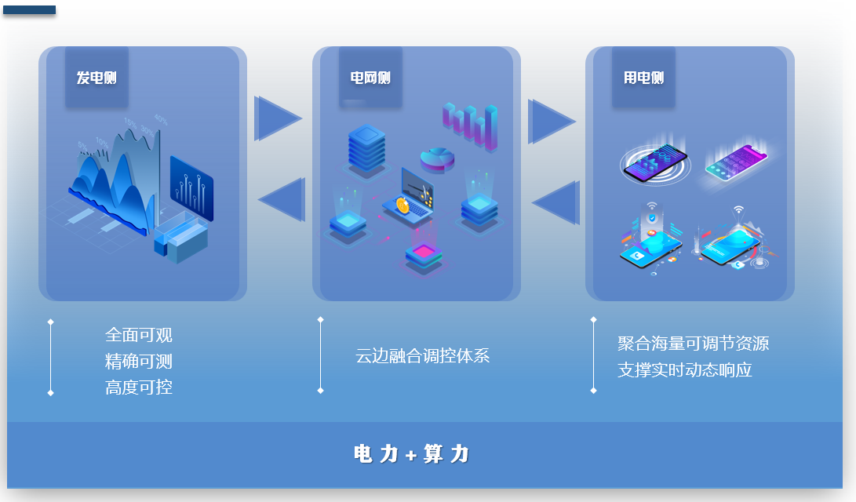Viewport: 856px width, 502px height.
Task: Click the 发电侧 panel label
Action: point(97,78)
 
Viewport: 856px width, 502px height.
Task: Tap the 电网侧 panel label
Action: point(370,78)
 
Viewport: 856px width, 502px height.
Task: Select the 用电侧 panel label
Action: point(643,78)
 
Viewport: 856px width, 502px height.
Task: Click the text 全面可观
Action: point(139,335)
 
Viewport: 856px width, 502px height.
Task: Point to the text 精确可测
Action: point(139,362)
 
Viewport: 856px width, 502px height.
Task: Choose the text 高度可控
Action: point(139,387)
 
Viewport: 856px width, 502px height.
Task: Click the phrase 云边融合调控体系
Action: point(423,356)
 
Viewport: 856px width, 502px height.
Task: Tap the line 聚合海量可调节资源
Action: point(694,344)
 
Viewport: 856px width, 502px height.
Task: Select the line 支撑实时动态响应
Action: point(685,370)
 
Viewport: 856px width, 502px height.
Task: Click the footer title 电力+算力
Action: point(411,454)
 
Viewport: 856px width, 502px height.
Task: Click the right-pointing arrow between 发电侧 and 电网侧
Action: point(277,118)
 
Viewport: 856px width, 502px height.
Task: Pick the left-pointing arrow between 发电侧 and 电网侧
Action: point(282,200)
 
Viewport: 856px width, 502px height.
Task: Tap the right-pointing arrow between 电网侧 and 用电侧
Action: point(552,121)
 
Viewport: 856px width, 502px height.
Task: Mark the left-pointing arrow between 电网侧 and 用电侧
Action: point(555,203)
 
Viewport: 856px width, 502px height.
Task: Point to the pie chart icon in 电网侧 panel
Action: point(437,160)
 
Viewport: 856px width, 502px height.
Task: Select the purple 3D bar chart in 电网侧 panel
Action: point(471,126)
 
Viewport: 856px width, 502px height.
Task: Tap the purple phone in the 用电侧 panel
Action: point(737,162)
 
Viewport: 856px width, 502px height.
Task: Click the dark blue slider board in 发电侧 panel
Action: point(191,188)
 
